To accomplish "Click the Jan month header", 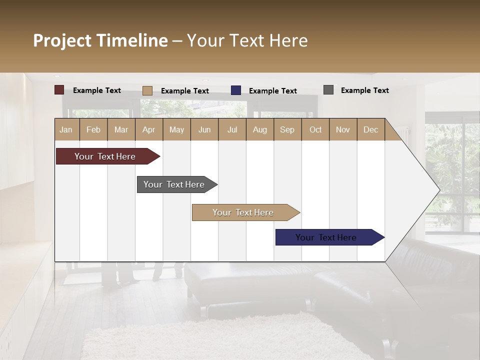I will coord(66,129).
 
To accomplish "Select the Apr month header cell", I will coord(149,129).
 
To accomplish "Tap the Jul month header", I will coord(232,129).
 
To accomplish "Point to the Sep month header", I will coord(287,129).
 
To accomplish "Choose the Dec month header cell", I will coord(370,129).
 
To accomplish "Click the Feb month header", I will coord(93,129).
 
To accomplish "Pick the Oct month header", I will coord(315,129).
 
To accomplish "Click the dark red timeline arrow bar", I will coord(105,156).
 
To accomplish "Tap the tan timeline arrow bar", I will coord(243,212).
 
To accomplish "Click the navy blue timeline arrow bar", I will coord(326,237).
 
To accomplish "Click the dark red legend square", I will coord(59,90).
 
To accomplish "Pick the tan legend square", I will coord(147,90).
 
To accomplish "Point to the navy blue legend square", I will coord(236,90).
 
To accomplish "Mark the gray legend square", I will coord(328,90).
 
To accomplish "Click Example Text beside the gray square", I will coord(364,90).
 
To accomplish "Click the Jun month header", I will coord(204,129).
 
